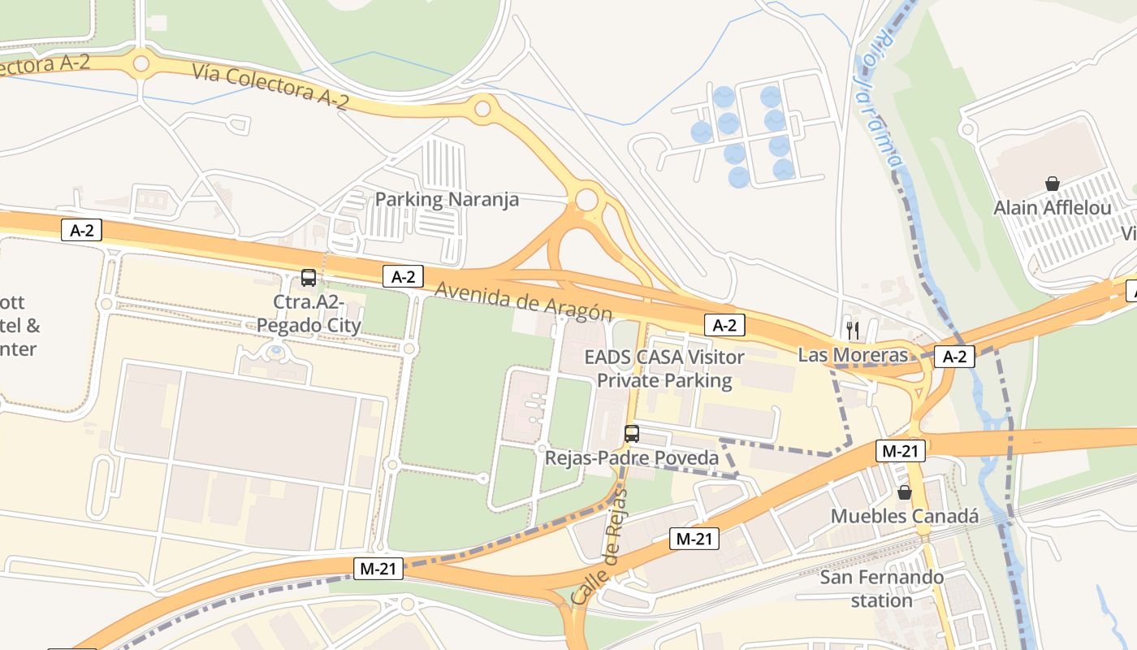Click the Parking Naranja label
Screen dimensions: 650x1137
point(447,199)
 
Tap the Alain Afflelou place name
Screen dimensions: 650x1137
point(1053,208)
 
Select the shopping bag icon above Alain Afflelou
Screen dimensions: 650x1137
point(1053,184)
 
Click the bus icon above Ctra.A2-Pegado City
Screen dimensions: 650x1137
point(309,278)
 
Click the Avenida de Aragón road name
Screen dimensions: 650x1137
point(523,301)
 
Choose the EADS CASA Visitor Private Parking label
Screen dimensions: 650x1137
point(664,368)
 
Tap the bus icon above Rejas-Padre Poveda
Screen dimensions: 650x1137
point(632,434)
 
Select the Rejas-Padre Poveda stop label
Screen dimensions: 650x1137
point(632,458)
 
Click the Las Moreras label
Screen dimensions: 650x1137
point(853,355)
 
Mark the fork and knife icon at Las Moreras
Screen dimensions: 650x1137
point(853,330)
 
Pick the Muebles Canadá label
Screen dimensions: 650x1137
point(905,517)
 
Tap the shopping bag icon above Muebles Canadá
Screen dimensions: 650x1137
point(905,492)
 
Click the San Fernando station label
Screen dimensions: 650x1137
point(882,589)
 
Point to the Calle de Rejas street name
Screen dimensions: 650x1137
point(600,546)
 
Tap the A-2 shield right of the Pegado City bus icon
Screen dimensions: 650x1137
point(403,276)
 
